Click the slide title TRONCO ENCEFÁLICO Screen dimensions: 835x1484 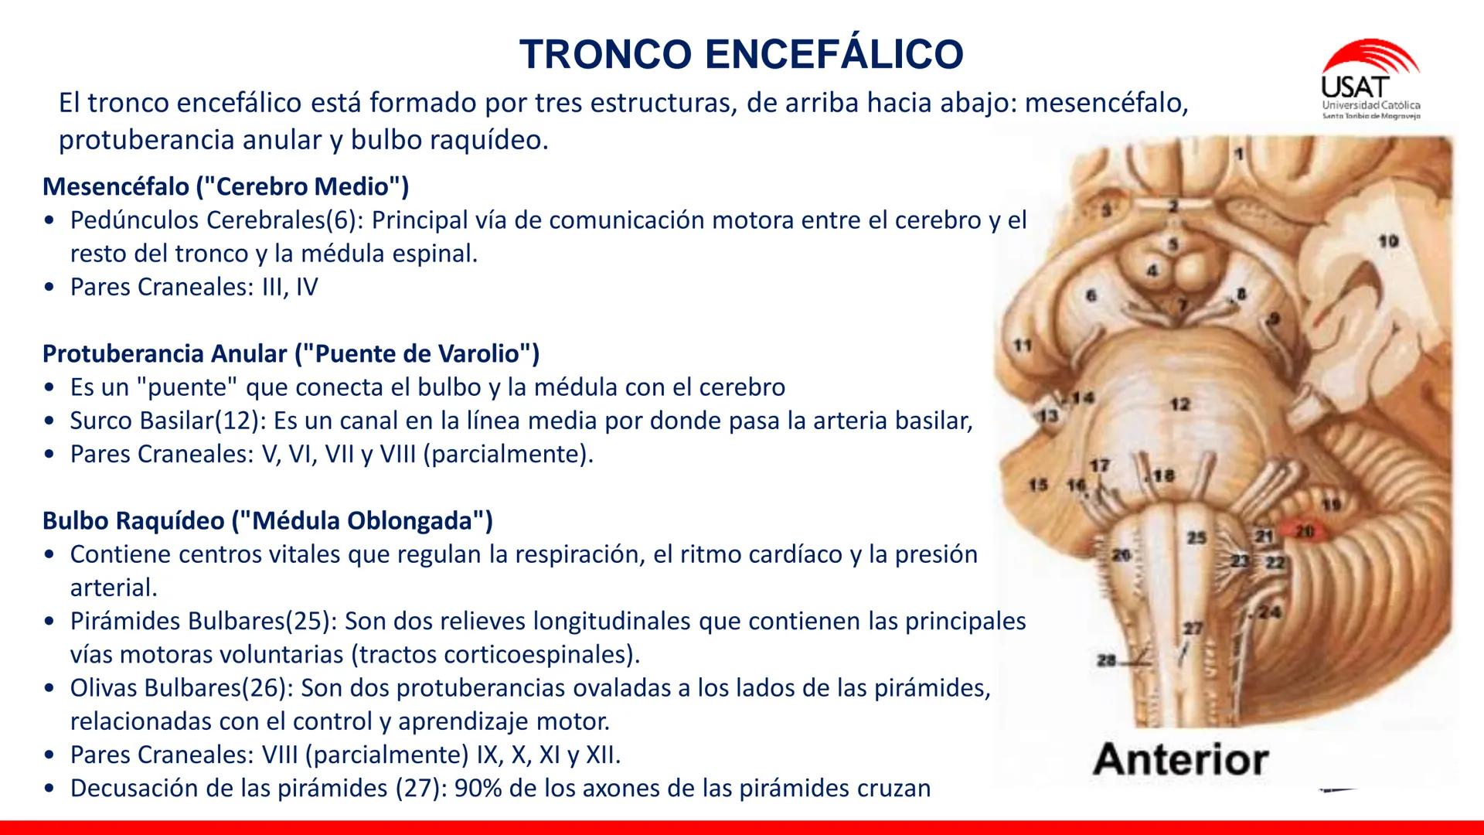(x=742, y=54)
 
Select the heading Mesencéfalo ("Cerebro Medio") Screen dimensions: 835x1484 (x=226, y=186)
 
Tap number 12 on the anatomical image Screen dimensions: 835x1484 (x=1179, y=404)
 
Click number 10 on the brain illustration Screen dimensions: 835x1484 (x=1388, y=241)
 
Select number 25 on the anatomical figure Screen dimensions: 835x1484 (x=1196, y=537)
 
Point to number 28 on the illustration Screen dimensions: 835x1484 (x=1107, y=660)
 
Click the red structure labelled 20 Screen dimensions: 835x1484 (x=1305, y=532)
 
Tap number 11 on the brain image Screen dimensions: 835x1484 (x=1023, y=346)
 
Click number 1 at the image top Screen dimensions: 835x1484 (x=1239, y=154)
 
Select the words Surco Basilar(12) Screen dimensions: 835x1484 (x=168, y=421)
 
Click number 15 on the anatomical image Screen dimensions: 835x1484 (x=1038, y=485)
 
